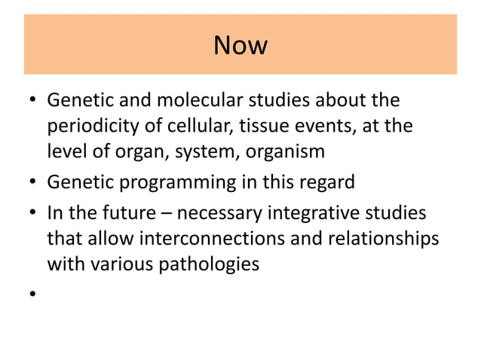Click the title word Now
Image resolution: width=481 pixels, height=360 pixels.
point(240,46)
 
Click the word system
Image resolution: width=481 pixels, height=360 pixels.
point(201,151)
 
